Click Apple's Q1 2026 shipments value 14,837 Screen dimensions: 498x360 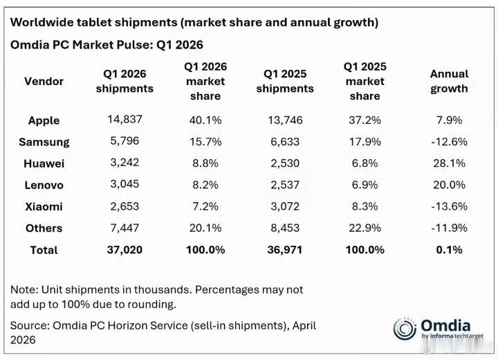click(124, 119)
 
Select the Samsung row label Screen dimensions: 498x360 click(44, 142)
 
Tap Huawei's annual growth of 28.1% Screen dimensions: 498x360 click(449, 163)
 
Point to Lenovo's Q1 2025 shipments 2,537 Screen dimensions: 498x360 click(285, 185)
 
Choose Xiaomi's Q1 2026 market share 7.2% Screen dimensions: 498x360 click(205, 206)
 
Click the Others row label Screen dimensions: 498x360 click(44, 228)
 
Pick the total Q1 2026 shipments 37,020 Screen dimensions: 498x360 click(124, 250)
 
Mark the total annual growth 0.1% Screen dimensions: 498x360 click(449, 250)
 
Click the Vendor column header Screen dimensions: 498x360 click(44, 82)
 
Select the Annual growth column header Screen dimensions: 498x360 click(449, 81)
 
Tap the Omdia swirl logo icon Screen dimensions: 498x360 click(405, 329)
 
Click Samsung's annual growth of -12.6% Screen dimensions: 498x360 click(449, 141)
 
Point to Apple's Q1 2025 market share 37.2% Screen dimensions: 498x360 click(365, 120)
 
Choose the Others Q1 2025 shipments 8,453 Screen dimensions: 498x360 click(285, 228)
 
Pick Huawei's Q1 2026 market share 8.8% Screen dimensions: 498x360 click(205, 163)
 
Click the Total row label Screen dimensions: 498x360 click(44, 250)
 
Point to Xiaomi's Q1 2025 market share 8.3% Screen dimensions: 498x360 click(365, 206)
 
